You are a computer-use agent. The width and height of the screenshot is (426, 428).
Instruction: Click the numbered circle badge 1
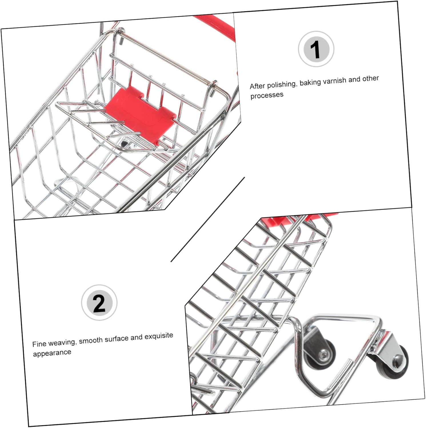[316, 49]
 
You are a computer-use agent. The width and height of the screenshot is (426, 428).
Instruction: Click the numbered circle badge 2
[99, 302]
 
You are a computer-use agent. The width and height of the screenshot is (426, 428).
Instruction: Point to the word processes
[267, 95]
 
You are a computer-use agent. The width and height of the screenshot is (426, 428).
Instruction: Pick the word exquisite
[159, 336]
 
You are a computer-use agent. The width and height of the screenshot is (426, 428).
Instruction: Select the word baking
[310, 83]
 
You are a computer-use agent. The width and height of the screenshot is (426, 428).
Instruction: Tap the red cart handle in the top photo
[217, 29]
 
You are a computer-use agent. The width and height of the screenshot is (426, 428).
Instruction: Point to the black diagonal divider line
[208, 219]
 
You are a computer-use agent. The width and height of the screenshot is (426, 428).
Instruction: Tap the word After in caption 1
[257, 86]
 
